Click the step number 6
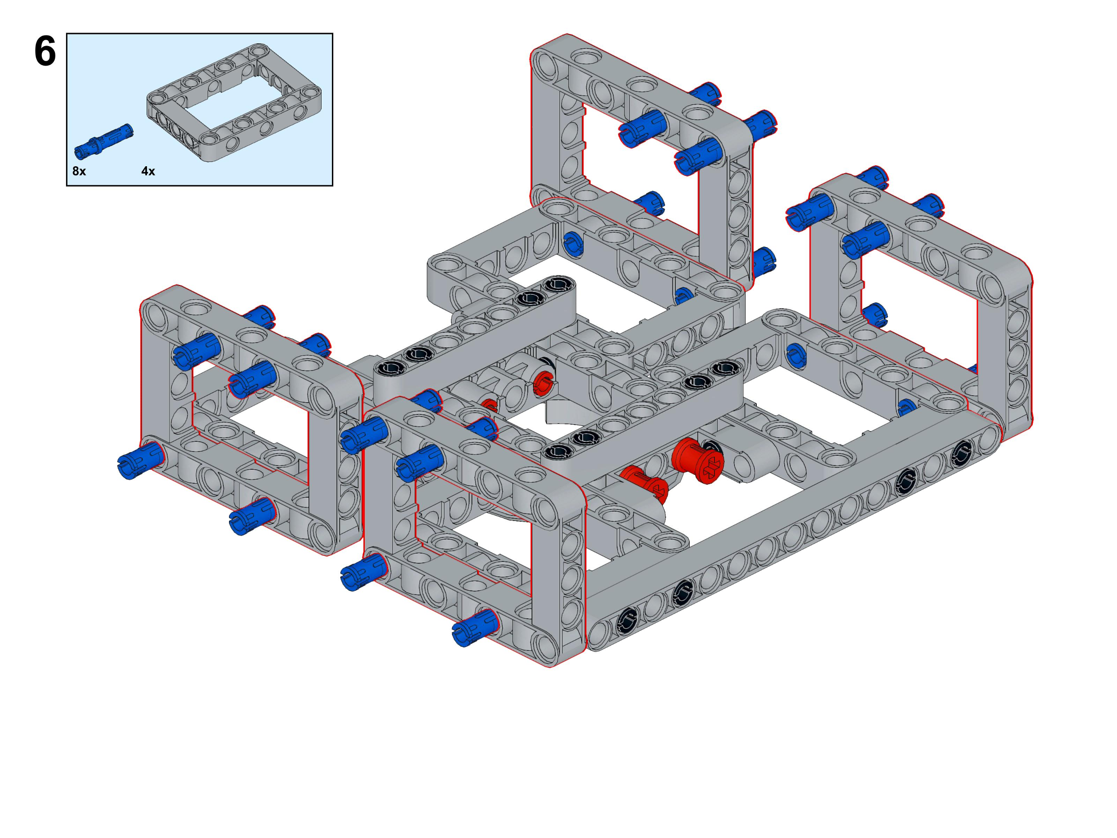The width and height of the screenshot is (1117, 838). [45, 52]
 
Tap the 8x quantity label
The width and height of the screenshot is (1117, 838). [79, 171]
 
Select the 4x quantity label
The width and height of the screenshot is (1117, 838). [148, 171]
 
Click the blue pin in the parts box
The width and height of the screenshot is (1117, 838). [103, 139]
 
